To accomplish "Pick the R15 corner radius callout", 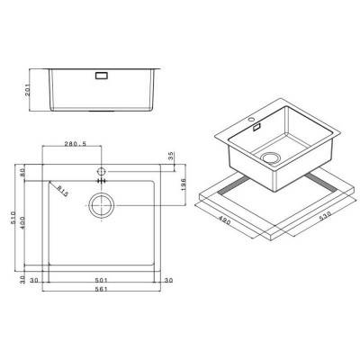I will click(62, 191).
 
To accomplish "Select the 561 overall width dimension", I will click(102, 292).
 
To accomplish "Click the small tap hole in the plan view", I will click(102, 170).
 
